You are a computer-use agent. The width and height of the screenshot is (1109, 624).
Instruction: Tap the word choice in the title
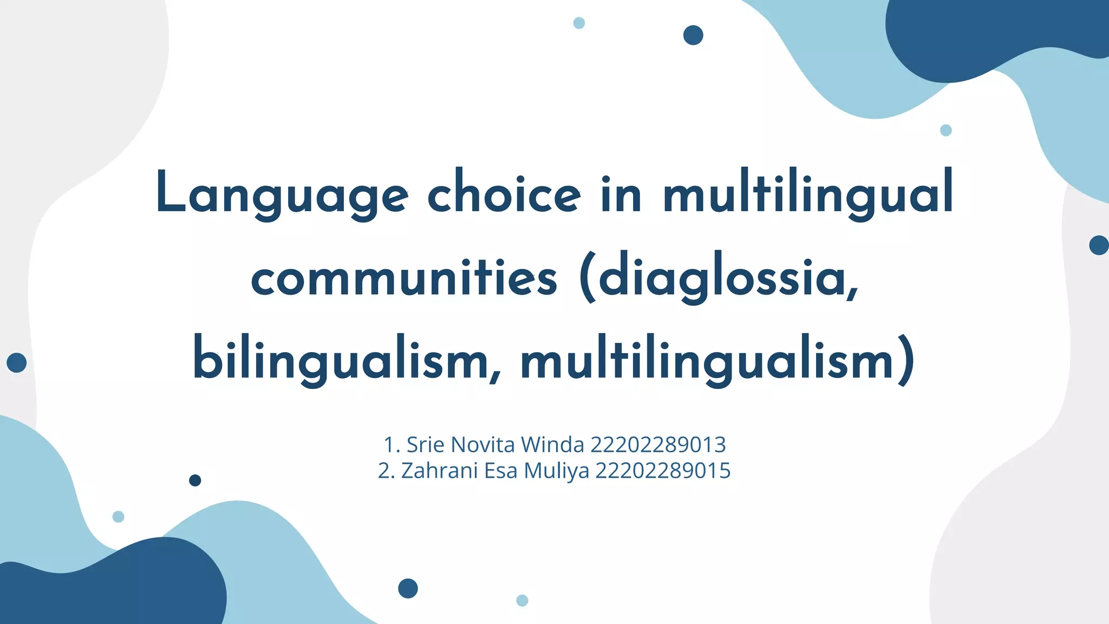click(504, 194)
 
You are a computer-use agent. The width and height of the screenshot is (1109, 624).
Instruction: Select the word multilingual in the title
click(808, 194)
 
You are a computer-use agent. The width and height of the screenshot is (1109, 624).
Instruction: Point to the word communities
click(404, 277)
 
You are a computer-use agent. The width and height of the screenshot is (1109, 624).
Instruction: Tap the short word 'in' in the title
click(621, 194)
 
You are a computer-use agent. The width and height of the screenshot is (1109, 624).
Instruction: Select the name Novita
click(482, 445)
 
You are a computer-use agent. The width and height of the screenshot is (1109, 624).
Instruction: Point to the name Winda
click(552, 445)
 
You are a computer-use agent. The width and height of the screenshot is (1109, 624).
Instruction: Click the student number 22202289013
click(658, 445)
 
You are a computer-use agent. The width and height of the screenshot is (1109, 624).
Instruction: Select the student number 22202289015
click(663, 471)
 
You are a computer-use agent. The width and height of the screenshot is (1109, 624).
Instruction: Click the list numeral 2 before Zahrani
click(384, 471)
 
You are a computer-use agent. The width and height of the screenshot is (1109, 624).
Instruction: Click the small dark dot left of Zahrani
click(195, 480)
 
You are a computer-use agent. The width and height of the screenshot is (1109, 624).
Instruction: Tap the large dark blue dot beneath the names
click(408, 588)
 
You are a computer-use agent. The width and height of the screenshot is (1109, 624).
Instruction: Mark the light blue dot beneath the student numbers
click(522, 600)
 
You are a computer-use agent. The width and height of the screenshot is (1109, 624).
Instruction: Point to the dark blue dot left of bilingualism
click(17, 362)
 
